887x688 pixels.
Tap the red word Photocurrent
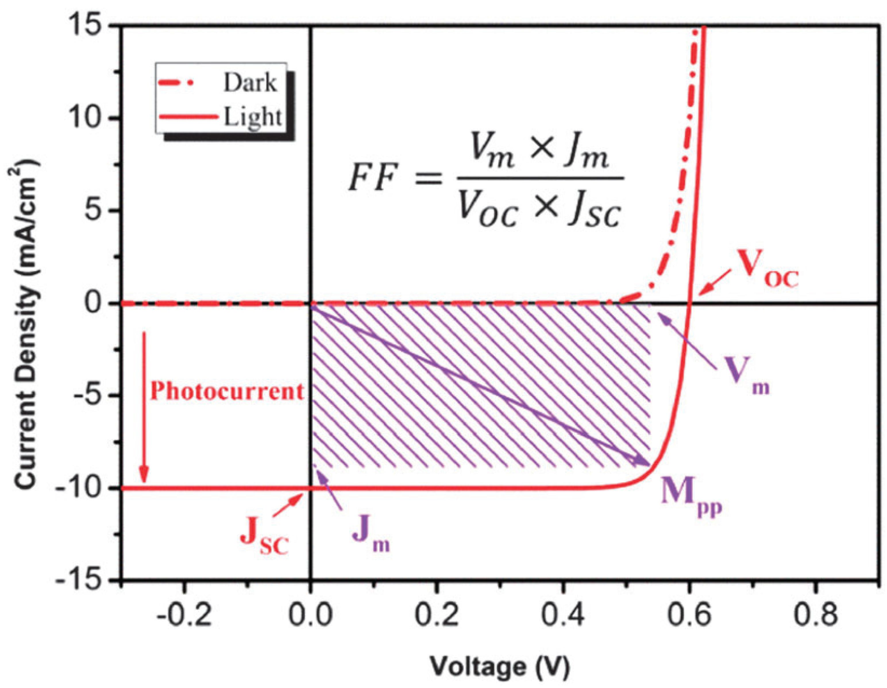click(x=227, y=392)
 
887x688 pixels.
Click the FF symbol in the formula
click(x=373, y=179)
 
